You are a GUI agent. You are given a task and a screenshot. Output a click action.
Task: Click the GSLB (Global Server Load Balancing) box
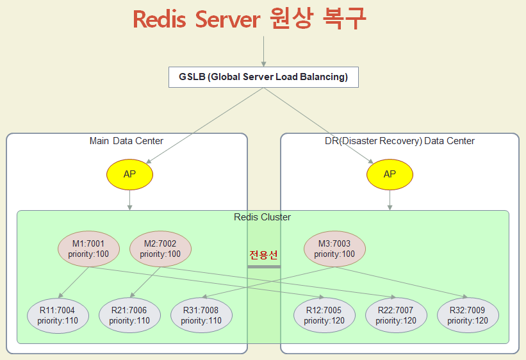tap(263, 78)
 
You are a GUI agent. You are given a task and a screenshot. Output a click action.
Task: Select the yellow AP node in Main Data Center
tap(130, 174)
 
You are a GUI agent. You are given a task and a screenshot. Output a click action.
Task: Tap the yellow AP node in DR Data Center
tap(390, 174)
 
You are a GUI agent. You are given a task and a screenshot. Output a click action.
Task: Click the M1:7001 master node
tap(88, 249)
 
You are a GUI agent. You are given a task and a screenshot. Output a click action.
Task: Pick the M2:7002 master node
tap(160, 249)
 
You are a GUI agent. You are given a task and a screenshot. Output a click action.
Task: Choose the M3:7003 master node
tap(334, 249)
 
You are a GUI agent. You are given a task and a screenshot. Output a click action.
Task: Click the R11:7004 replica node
tap(58, 316)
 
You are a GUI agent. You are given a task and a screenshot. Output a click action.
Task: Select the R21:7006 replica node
tap(129, 316)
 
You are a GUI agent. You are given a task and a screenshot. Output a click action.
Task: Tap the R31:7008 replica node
tap(201, 316)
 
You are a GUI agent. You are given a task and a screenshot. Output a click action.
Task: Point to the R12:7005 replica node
tap(324, 316)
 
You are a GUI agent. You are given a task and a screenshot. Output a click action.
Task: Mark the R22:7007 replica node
tap(396, 316)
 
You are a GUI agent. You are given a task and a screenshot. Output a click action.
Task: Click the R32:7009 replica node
tap(468, 316)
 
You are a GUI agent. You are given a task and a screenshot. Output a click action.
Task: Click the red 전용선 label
tap(263, 254)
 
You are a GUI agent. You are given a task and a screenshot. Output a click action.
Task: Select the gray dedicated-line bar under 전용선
tap(263, 266)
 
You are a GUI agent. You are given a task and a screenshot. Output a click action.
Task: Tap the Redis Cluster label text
tap(263, 217)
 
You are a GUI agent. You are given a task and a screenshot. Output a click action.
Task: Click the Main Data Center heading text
tap(126, 141)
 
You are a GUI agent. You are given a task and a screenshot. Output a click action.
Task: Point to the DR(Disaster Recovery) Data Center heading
tap(400, 141)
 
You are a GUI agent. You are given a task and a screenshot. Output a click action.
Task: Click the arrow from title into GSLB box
tap(263, 51)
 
